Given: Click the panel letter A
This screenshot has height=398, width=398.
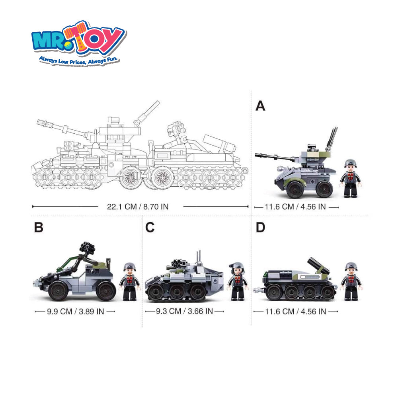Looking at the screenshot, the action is tap(260, 106).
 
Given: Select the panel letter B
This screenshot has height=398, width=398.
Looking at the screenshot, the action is tap(39, 227).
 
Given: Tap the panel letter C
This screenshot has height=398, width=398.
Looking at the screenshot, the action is tap(150, 227).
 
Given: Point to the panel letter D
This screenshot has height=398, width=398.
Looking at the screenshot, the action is tap(260, 227).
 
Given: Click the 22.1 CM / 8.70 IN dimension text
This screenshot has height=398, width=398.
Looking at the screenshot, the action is tap(138, 207).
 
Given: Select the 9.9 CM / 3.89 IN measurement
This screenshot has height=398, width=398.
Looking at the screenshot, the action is tap(75, 312).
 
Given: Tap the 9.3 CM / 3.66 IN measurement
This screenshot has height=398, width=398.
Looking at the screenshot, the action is tap(184, 311).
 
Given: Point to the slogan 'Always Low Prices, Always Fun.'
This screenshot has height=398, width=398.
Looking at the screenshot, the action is tap(79, 60).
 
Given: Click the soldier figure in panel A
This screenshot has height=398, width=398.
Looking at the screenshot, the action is tap(351, 178).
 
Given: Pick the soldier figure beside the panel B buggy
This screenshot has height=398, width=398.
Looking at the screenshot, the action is tap(130, 282).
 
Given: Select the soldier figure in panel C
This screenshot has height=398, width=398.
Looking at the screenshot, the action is tap(238, 282).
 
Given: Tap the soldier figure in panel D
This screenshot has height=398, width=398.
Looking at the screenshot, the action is tap(351, 282).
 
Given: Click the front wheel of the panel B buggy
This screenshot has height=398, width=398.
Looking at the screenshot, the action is tap(59, 291).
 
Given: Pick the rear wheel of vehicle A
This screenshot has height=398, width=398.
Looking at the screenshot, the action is tap(324, 189).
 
